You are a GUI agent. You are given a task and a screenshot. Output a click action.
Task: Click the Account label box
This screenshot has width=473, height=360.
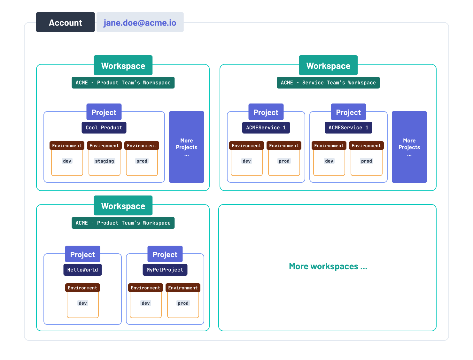point(65,22)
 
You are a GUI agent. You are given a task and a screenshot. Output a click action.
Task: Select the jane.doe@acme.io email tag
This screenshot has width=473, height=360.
point(140,22)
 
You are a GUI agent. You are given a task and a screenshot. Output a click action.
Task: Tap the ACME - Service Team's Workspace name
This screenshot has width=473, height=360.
point(328,83)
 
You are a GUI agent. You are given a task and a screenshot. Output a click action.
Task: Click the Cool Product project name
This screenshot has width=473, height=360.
point(104,127)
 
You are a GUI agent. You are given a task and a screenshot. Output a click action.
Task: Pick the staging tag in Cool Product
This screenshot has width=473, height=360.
point(105,161)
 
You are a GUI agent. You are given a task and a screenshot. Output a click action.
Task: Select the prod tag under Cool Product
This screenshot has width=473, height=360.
point(142,161)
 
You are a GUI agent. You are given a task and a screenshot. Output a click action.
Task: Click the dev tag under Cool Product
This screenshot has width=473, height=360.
point(67,161)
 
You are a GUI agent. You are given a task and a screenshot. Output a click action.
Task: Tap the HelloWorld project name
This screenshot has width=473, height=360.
point(82,270)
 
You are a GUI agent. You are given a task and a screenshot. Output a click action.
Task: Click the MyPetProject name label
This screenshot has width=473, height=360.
point(165,270)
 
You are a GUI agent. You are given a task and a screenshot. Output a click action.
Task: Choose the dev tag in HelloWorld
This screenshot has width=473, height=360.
point(83,303)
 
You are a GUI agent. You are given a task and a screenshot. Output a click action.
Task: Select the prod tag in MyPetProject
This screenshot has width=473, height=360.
point(183,303)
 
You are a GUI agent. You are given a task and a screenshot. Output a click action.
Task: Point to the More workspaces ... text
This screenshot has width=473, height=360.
point(328,266)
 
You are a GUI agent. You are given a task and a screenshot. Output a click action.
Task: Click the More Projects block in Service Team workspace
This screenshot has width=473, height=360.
point(409,147)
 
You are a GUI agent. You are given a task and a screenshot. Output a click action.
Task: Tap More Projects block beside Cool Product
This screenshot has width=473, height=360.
point(186,147)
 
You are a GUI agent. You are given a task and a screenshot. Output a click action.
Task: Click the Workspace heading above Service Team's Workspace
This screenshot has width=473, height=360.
point(328,65)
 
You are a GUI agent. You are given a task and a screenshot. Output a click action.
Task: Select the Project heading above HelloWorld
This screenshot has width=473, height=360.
point(82,254)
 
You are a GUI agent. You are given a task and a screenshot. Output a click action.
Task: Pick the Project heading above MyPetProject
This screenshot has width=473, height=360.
point(165,254)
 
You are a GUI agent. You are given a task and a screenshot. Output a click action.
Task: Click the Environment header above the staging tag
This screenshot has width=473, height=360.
point(104,146)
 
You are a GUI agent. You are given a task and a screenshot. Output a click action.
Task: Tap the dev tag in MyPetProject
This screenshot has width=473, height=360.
point(146,303)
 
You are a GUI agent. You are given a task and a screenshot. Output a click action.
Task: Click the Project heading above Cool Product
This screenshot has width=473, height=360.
point(104,112)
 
